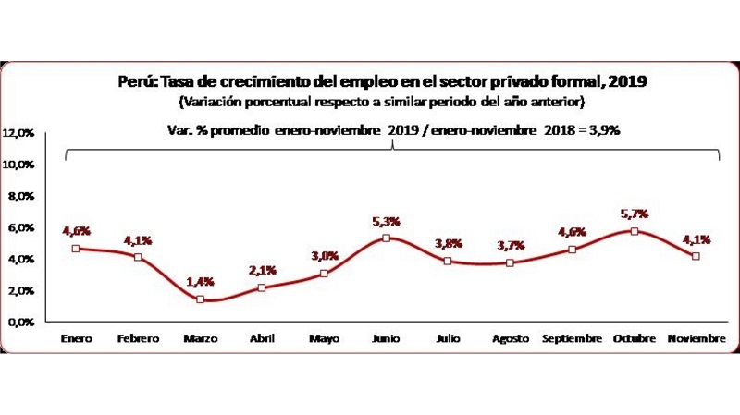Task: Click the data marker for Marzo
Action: pos(201,299)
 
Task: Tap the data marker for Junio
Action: pos(387,238)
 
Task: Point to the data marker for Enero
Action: pos(76,248)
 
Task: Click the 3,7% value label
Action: pos(511,245)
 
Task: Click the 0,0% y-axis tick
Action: pos(22,323)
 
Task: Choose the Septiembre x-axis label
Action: pos(573,339)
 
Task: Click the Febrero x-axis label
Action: pos(138,339)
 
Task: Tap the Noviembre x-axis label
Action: pos(697,339)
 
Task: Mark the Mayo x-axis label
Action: pos(324,339)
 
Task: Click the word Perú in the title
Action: pos(133,81)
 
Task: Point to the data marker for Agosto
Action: pos(511,262)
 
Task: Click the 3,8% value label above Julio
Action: pos(449,244)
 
